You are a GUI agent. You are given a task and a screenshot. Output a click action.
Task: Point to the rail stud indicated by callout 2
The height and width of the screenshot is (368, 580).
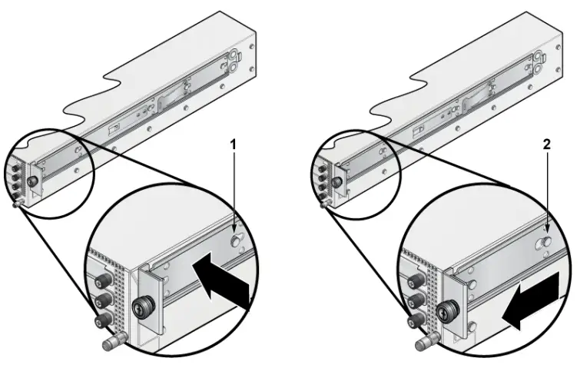click(545, 243)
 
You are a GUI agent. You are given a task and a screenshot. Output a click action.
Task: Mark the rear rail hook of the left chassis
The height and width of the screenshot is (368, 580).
click(231, 58)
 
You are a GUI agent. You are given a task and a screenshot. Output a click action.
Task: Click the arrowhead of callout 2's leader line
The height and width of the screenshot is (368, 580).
click(546, 230)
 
